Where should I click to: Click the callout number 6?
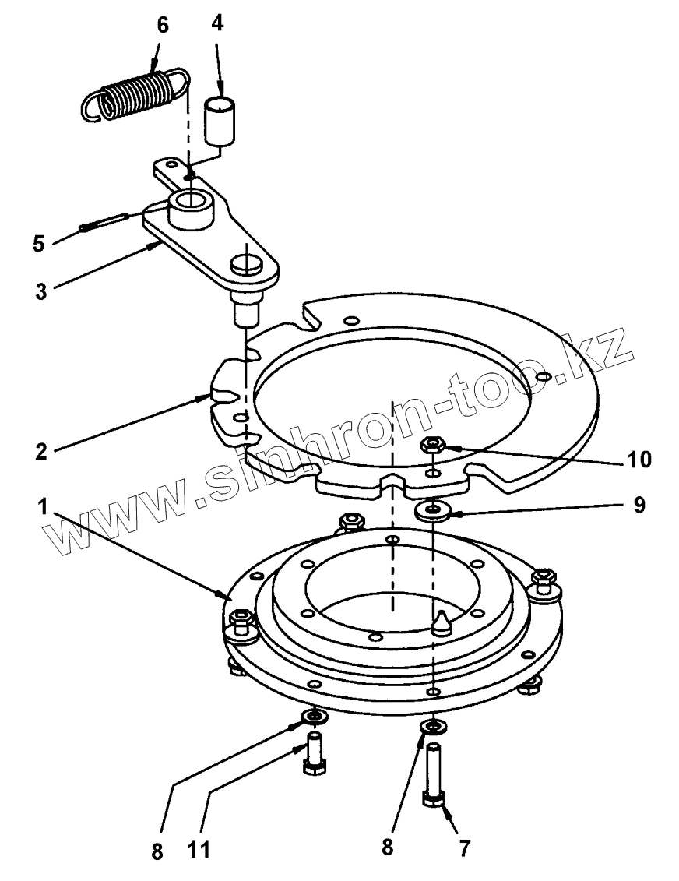pyautogui.click(x=162, y=25)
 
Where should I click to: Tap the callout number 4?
pyautogui.click(x=217, y=23)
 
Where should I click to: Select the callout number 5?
pyautogui.click(x=38, y=245)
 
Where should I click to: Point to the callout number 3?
pyautogui.click(x=41, y=291)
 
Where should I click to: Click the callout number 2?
pyautogui.click(x=41, y=451)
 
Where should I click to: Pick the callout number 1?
pyautogui.click(x=43, y=507)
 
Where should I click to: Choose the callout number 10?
pyautogui.click(x=639, y=459)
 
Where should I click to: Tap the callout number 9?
pyautogui.click(x=639, y=505)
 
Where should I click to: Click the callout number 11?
pyautogui.click(x=199, y=849)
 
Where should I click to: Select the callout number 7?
pyautogui.click(x=464, y=848)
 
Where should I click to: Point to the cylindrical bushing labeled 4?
pyautogui.click(x=220, y=120)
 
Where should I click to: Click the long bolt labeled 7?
pyautogui.click(x=433, y=776)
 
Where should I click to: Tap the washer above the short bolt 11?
pyautogui.click(x=315, y=717)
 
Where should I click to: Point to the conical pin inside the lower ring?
pyautogui.click(x=442, y=622)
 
